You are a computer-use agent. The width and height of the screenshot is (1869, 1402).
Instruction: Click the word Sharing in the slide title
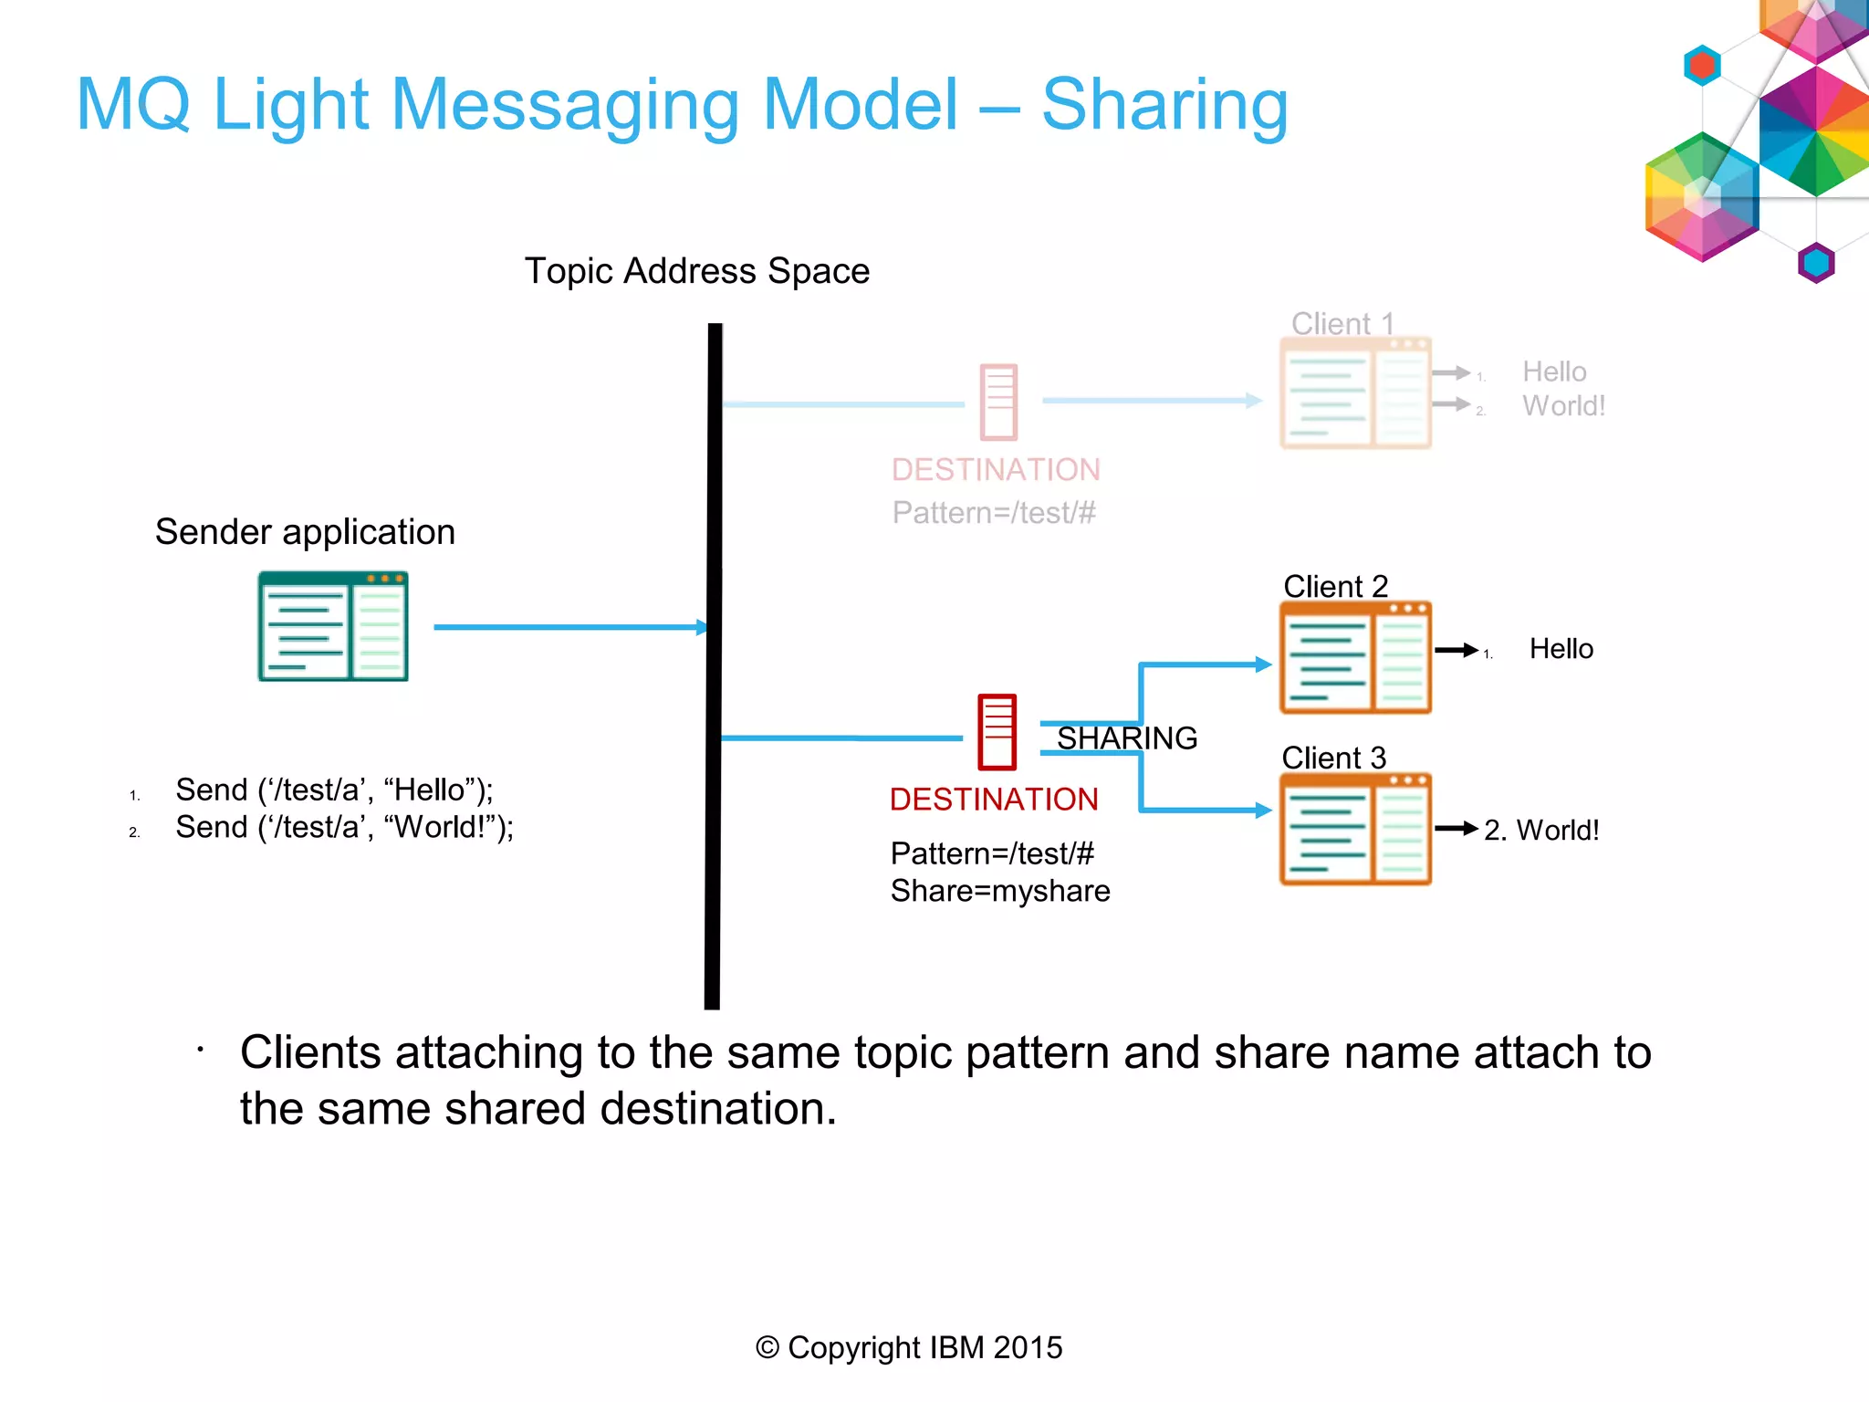click(x=1164, y=105)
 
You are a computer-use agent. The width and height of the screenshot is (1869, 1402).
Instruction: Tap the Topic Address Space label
click(x=696, y=271)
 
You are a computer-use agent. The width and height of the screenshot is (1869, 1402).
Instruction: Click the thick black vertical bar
click(x=714, y=666)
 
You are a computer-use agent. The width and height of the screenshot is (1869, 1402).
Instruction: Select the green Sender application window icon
click(x=333, y=626)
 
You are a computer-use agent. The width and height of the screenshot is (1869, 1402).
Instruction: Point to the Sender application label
click(x=305, y=532)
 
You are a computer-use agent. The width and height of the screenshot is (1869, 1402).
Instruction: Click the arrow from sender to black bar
click(x=566, y=627)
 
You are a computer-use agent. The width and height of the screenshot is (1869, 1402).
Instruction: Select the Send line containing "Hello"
click(x=334, y=790)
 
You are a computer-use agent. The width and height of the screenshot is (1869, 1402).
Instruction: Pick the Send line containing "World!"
click(x=344, y=827)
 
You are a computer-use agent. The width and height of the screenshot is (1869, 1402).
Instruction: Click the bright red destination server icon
click(x=997, y=732)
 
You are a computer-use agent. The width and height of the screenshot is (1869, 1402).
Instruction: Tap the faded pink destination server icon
click(x=998, y=402)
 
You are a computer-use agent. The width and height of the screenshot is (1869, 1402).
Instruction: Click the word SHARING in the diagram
click(x=1127, y=738)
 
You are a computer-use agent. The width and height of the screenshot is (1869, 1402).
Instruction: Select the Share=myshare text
click(x=1000, y=891)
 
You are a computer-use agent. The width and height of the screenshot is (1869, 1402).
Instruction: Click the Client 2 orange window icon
click(x=1355, y=658)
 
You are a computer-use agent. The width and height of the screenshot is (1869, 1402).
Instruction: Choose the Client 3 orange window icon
click(x=1355, y=830)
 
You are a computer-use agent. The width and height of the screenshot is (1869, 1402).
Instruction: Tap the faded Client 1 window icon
click(x=1355, y=393)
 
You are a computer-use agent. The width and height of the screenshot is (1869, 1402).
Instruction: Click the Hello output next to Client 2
click(x=1561, y=649)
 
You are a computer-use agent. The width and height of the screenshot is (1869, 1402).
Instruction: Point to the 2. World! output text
click(x=1541, y=830)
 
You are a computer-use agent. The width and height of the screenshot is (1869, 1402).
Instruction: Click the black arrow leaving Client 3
click(x=1456, y=829)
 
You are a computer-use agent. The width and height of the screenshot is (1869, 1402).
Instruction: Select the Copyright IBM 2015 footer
click(x=909, y=1347)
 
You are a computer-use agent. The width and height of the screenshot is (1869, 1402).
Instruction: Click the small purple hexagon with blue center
click(x=1816, y=264)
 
